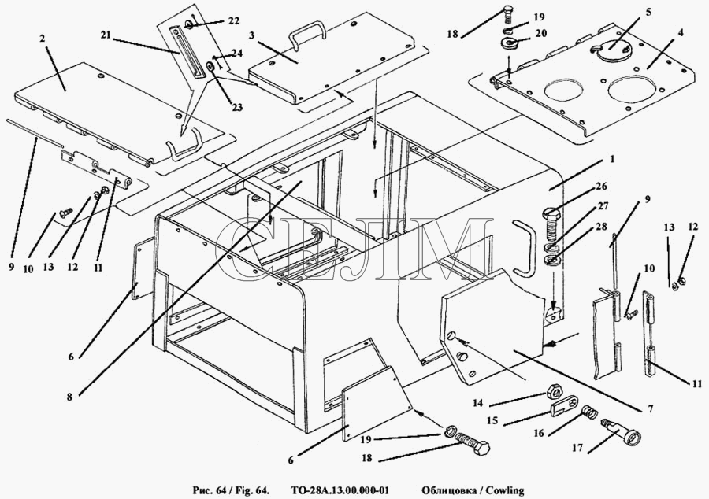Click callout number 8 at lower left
pos(69,397)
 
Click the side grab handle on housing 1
pos(521,246)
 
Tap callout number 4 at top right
pos(680,34)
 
